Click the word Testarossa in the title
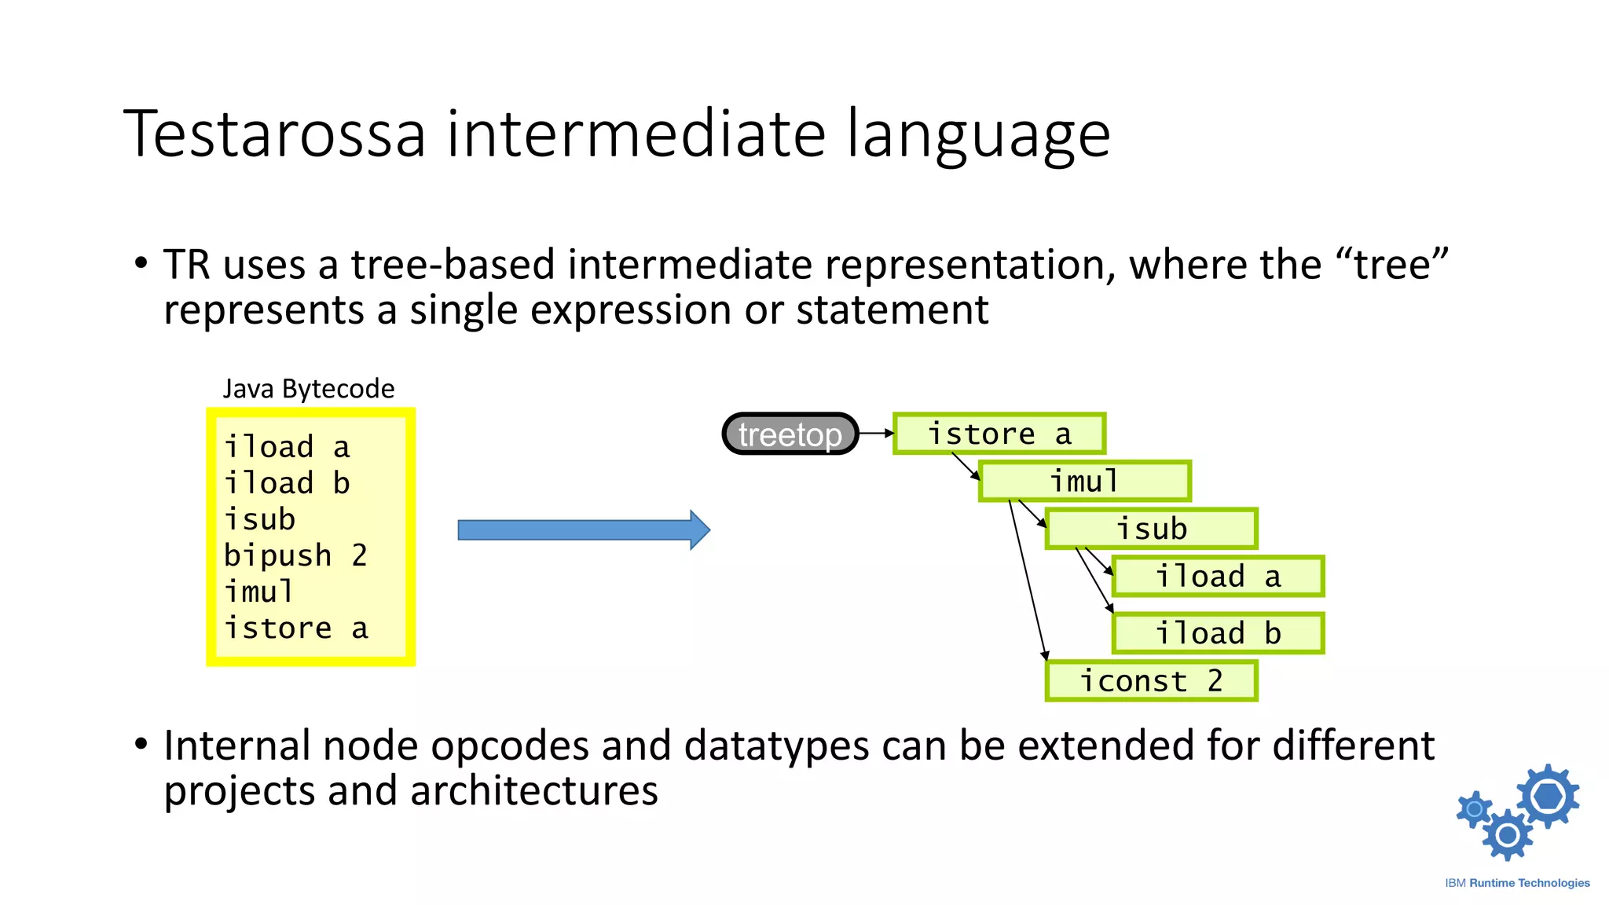tap(274, 134)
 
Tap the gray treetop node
tap(790, 434)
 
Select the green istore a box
tap(999, 434)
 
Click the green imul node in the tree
tap(1084, 482)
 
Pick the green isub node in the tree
tap(1151, 529)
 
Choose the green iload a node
tap(1218, 577)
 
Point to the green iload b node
tap(1218, 633)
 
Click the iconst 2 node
tap(1151, 681)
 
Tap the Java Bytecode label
tap(308, 389)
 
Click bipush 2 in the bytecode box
tap(295, 555)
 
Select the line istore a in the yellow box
tap(295, 628)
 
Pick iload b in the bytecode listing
tap(287, 483)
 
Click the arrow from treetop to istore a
tap(876, 433)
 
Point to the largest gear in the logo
tap(1548, 796)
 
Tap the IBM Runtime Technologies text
tap(1517, 883)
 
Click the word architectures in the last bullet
tap(533, 790)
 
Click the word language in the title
tap(978, 134)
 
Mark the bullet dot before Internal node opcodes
tap(141, 743)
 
